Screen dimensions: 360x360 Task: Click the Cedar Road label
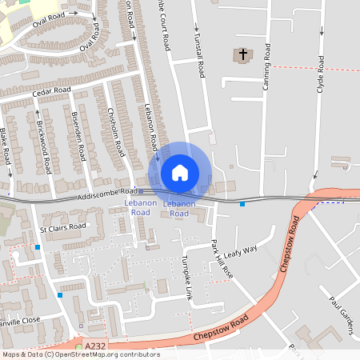[x=52, y=92]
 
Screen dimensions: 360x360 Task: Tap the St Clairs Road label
[x=62, y=227]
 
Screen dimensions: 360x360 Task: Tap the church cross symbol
[x=242, y=54]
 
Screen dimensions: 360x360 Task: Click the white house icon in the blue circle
[x=179, y=172]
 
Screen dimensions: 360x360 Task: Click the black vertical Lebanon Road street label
[x=151, y=128]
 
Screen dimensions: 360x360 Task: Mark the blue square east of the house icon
[x=242, y=204]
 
